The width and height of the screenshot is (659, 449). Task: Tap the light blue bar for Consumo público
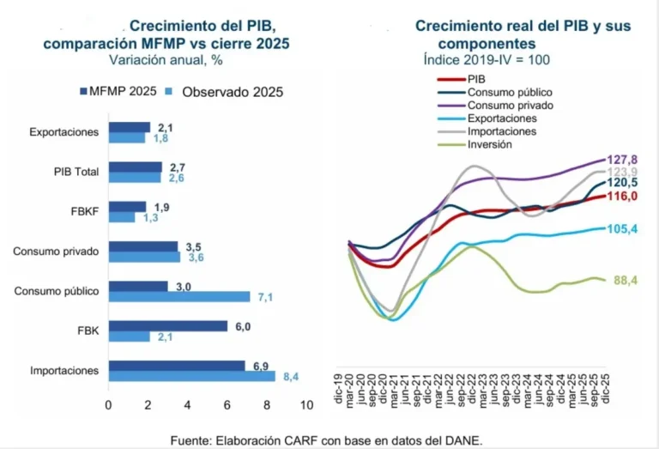[x=178, y=297]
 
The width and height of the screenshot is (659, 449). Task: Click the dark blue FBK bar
[x=167, y=325]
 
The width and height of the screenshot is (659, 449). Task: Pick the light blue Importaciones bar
[x=191, y=376]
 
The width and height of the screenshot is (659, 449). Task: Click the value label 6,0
[x=244, y=325]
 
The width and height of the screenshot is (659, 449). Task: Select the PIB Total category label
[x=74, y=172]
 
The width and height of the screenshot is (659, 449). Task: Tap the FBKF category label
[x=86, y=211]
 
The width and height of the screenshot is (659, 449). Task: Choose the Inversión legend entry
[x=490, y=144]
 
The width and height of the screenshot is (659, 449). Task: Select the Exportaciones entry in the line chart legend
[x=503, y=118]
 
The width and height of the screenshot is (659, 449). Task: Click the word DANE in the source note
[x=463, y=440]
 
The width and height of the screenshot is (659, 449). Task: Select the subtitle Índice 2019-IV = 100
[x=487, y=61]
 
